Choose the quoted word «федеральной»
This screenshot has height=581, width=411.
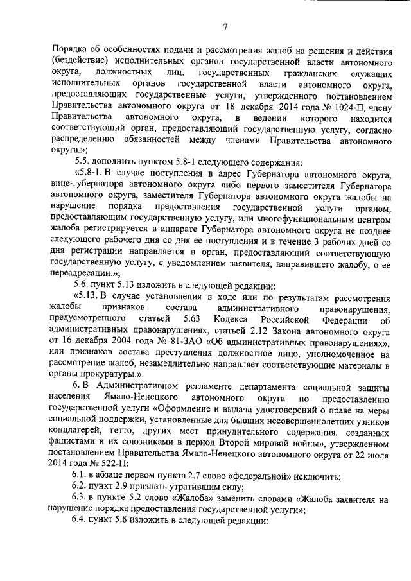pos(247,476)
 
